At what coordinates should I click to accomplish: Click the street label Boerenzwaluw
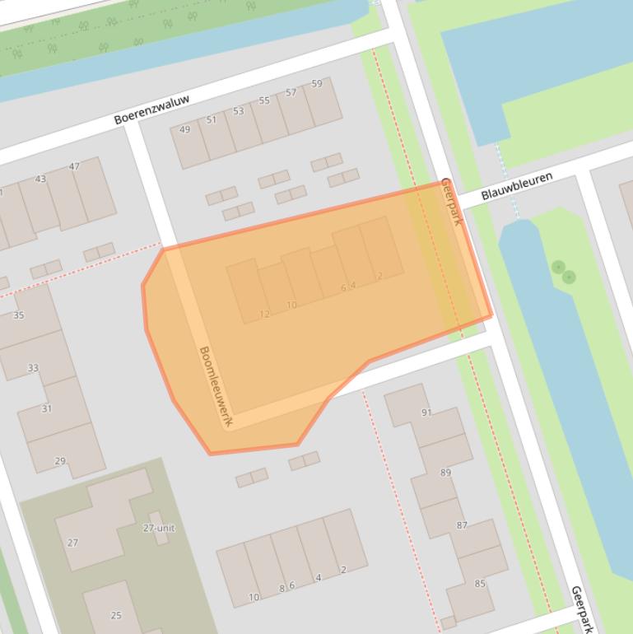pyautogui.click(x=151, y=110)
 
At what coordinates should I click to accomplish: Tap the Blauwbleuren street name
pyautogui.click(x=517, y=186)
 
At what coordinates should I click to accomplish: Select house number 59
pyautogui.click(x=317, y=84)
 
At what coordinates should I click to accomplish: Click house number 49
pyautogui.click(x=184, y=129)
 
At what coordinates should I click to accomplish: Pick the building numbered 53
pyautogui.click(x=238, y=111)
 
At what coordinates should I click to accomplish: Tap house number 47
pyautogui.click(x=75, y=166)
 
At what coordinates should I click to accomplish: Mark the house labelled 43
pyautogui.click(x=40, y=179)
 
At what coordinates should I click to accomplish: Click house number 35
pyautogui.click(x=19, y=315)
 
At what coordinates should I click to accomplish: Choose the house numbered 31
pyautogui.click(x=46, y=408)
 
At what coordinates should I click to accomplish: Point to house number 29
pyautogui.click(x=60, y=461)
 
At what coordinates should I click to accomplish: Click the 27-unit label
pyautogui.click(x=159, y=528)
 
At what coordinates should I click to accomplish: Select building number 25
pyautogui.click(x=115, y=615)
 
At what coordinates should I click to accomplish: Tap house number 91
pyautogui.click(x=426, y=413)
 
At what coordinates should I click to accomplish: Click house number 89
pyautogui.click(x=445, y=473)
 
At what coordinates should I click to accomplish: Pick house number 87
pyautogui.click(x=462, y=525)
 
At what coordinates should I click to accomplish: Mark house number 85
pyautogui.click(x=480, y=584)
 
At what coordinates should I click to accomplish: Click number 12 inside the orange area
pyautogui.click(x=264, y=314)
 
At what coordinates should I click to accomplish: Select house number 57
pyautogui.click(x=291, y=93)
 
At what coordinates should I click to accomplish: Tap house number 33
pyautogui.click(x=33, y=368)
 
